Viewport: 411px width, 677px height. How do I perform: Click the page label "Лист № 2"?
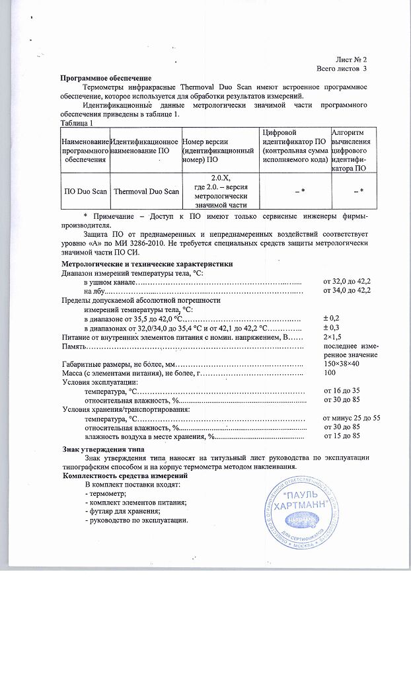pyautogui.click(x=351, y=59)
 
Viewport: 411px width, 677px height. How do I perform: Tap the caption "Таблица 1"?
pyautogui.click(x=77, y=122)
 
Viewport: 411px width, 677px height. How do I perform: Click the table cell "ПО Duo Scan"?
pyautogui.click(x=85, y=191)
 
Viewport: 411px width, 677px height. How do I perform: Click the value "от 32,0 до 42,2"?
pyautogui.click(x=347, y=282)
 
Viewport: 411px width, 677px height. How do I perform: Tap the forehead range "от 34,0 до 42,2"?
pyautogui.click(x=347, y=290)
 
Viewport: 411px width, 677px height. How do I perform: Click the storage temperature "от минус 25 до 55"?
pyautogui.click(x=351, y=418)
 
